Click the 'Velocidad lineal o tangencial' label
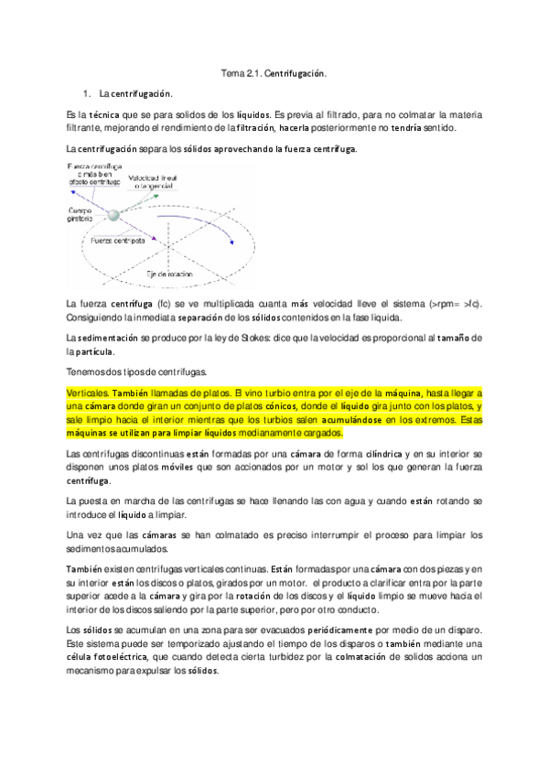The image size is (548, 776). (158, 181)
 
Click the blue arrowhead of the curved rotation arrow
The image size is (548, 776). (231, 242)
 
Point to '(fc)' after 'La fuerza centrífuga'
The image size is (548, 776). (165, 304)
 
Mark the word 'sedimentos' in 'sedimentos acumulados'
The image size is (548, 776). (92, 548)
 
